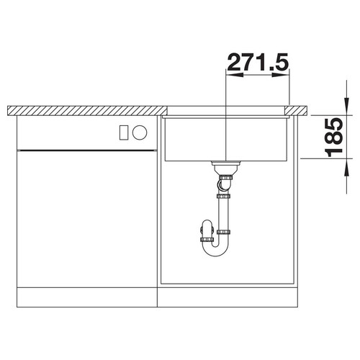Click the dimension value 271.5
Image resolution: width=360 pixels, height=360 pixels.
click(258, 63)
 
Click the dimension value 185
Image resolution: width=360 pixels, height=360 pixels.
click(333, 138)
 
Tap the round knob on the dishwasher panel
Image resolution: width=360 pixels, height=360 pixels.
click(140, 132)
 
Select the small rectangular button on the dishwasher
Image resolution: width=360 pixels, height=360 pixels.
click(124, 132)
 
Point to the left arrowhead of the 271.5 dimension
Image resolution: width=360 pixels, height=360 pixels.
click(235, 75)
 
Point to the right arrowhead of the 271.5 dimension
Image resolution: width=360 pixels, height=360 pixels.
click(281, 75)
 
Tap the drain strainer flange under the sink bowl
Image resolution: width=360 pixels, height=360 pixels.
click(226, 163)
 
